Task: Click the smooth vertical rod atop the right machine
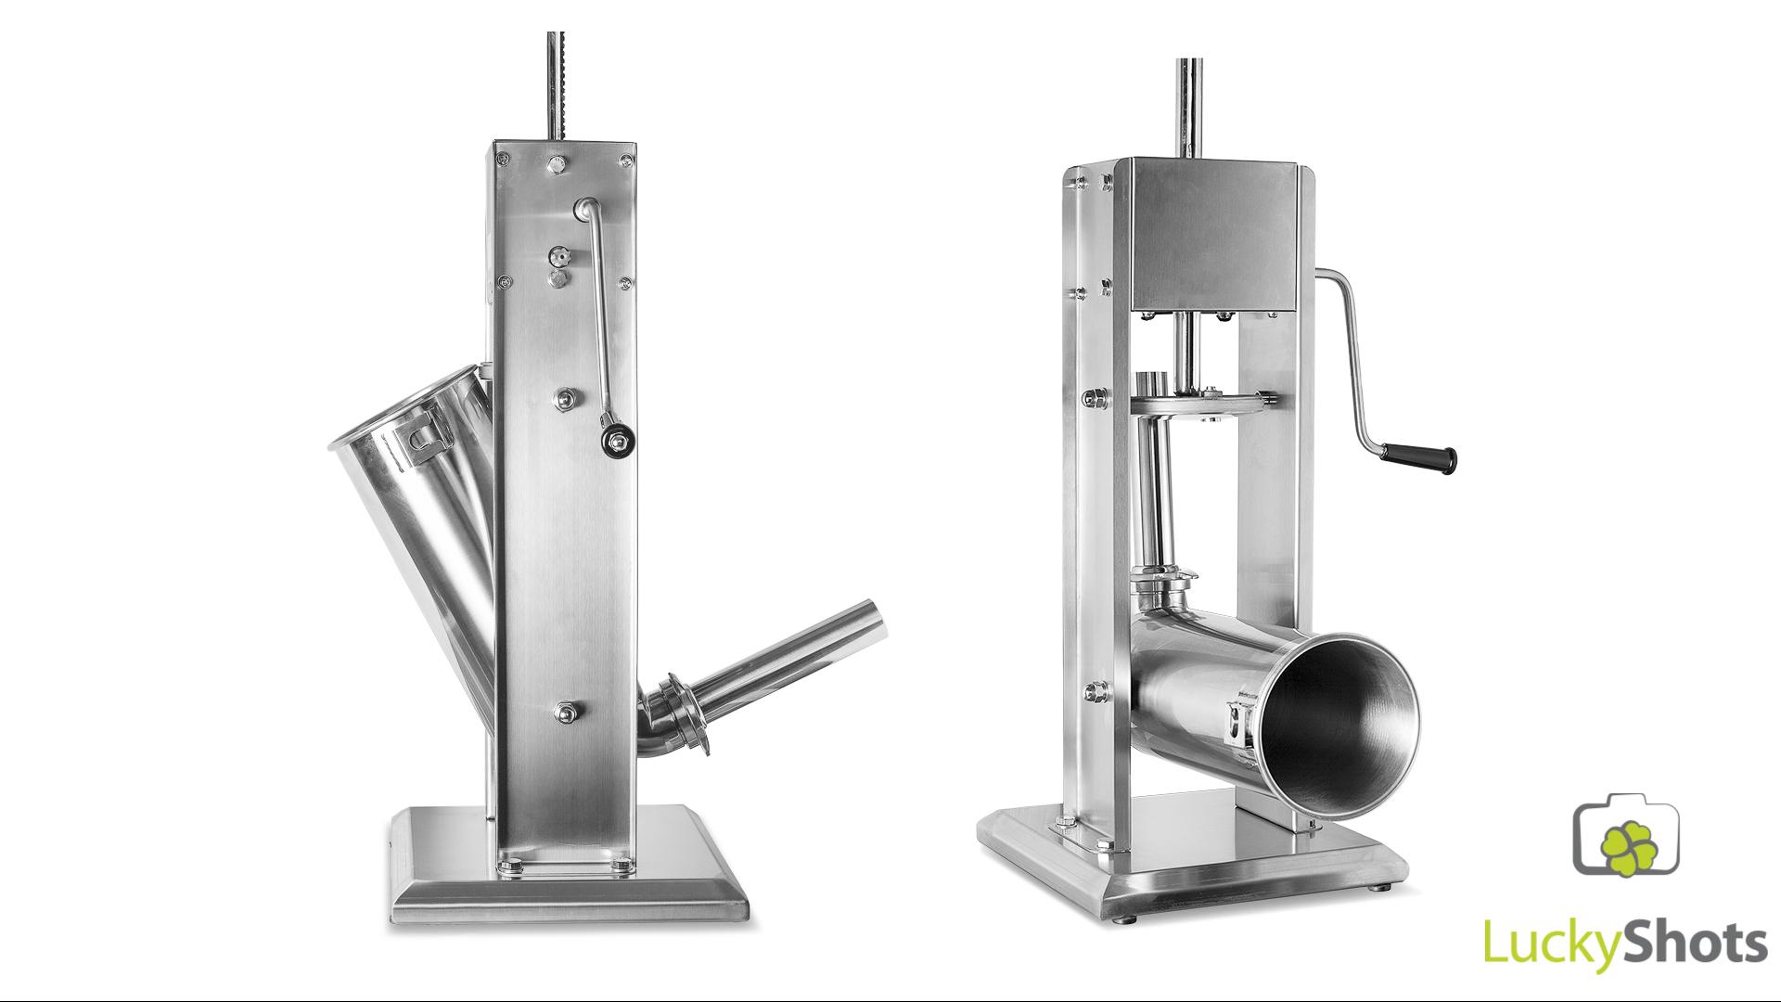click(x=1188, y=108)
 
